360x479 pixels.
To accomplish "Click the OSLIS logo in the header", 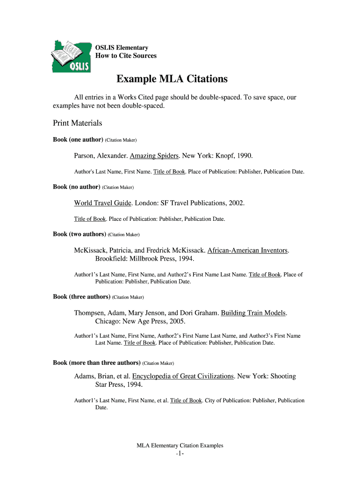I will pos(71,56).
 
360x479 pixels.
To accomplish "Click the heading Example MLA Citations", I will pos(172,79).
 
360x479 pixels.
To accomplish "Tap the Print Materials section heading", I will pos(77,123).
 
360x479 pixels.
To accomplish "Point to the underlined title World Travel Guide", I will pos(103,203).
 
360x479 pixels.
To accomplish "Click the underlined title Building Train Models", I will pos(253,313).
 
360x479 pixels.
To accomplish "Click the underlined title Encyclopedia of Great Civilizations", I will pos(183,376).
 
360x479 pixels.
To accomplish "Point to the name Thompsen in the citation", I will pos(90,313).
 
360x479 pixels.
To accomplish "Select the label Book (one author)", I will pos(78,140).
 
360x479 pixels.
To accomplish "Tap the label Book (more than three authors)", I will pos(97,363).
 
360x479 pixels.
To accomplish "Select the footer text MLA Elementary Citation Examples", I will pos(180,446).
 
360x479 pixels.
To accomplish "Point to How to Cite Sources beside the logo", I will pos(126,56).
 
